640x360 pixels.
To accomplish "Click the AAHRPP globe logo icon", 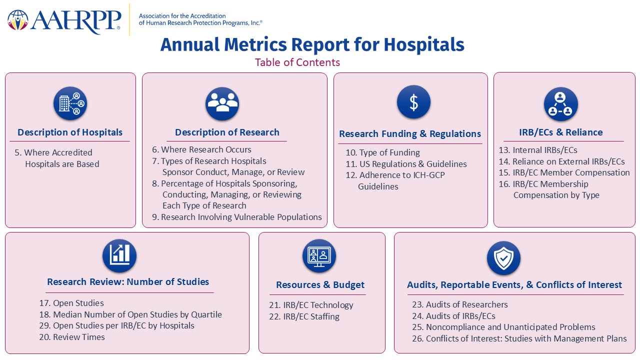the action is (17, 20).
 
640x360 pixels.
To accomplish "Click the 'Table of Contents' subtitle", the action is (297, 62).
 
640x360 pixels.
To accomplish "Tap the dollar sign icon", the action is (413, 102).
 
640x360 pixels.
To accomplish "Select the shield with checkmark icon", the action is (503, 258).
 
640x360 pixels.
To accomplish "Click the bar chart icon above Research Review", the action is (119, 255).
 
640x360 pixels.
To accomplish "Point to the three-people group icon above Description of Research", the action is (222, 103).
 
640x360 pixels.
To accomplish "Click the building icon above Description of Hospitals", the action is (70, 103).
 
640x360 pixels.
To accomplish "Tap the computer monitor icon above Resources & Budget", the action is (319, 255).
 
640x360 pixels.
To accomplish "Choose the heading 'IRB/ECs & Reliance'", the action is (561, 132).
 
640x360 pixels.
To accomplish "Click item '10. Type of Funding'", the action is (383, 152).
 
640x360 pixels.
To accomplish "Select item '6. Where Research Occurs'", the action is (201, 149).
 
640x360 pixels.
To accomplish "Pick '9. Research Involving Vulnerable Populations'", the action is (237, 217).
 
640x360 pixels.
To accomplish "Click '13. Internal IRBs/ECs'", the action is (538, 150).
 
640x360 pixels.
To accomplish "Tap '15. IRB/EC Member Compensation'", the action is (564, 172).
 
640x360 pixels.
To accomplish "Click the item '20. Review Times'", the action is (72, 337).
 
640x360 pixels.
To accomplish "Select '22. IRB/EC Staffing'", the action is (304, 316).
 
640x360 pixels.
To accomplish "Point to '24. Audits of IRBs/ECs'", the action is (453, 316).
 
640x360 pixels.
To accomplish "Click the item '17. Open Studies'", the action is (71, 303).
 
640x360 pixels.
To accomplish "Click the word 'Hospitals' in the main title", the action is (424, 45).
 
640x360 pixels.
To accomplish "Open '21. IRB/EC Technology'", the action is (311, 305).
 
